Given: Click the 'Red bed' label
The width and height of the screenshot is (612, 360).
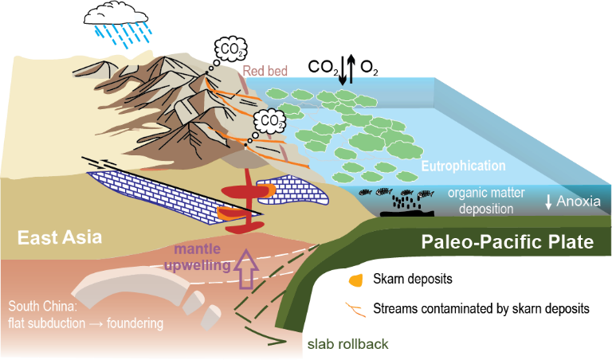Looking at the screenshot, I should [265, 71].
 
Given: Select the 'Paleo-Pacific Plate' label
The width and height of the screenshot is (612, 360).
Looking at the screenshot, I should [508, 241].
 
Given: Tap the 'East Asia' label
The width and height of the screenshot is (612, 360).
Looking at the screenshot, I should [55, 237].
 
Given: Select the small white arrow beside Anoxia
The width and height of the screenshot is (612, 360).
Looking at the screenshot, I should [548, 202].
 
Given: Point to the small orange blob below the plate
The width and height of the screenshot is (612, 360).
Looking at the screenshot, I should [357, 280].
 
